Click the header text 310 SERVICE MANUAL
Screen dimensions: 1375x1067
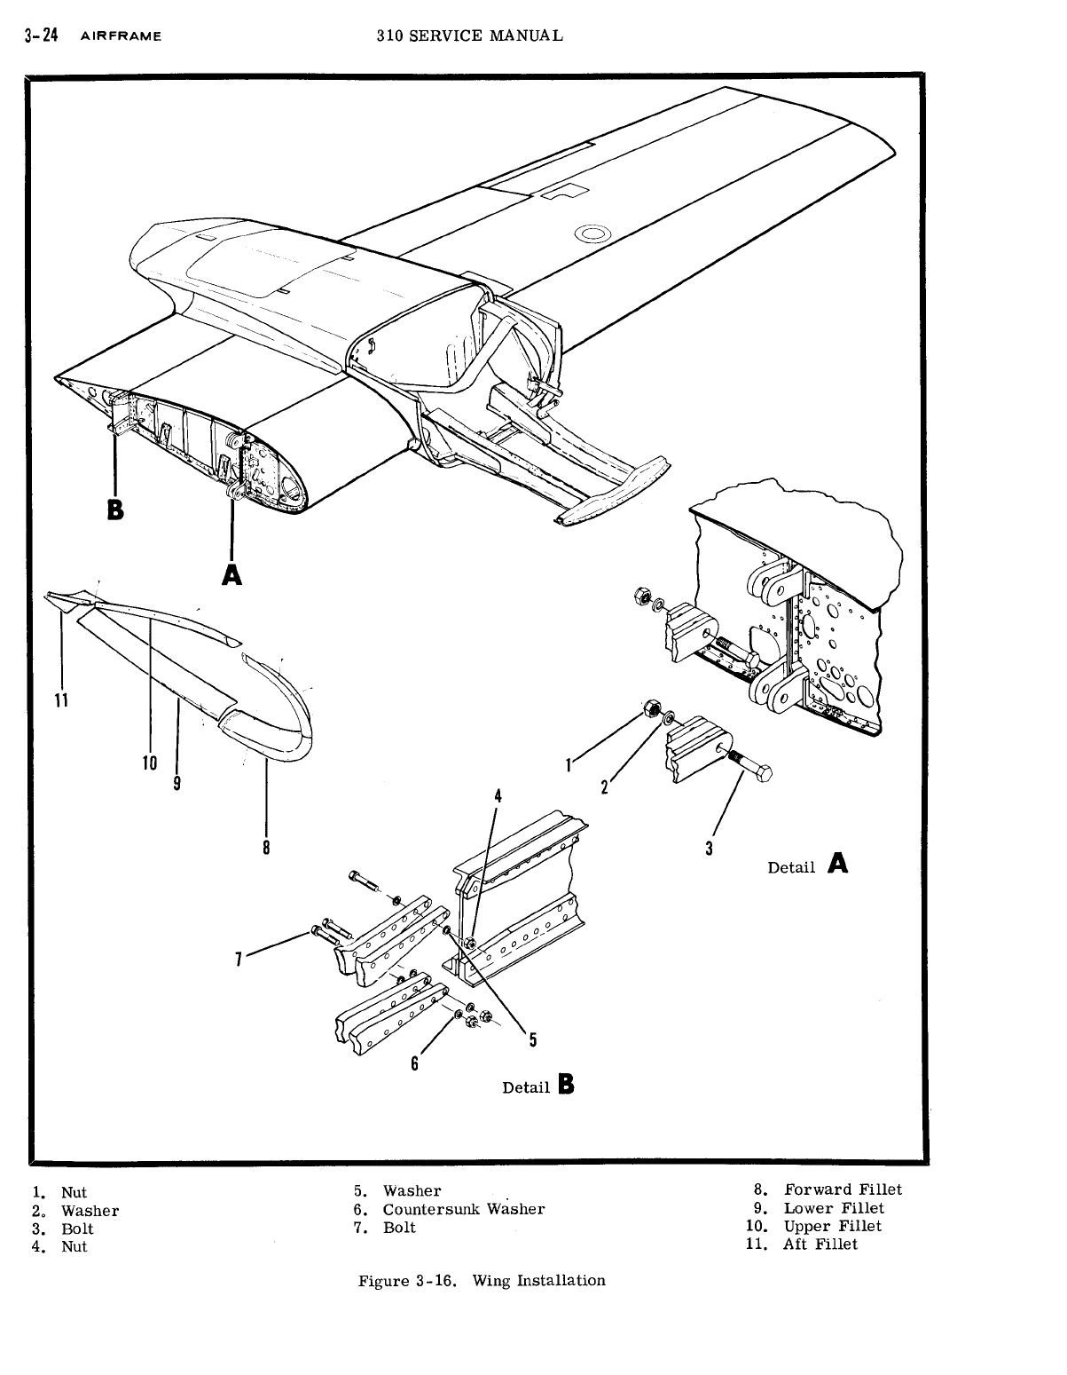tap(469, 36)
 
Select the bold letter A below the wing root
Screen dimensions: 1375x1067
tap(231, 574)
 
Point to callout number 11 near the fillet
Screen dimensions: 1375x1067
tap(60, 699)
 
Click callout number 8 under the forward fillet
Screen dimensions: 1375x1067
tap(266, 847)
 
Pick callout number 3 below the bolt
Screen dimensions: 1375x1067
tap(709, 849)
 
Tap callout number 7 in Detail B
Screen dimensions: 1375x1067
tap(239, 959)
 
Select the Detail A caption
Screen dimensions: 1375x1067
tap(807, 865)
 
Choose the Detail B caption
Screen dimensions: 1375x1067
tap(538, 1086)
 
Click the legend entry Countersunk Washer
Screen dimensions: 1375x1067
tap(463, 1209)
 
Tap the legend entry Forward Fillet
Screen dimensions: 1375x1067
tap(842, 1189)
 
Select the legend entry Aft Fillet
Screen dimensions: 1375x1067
tap(820, 1245)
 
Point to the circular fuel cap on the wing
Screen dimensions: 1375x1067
tap(592, 234)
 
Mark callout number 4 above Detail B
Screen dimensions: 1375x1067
tap(498, 795)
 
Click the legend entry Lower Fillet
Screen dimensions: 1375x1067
tap(833, 1208)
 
